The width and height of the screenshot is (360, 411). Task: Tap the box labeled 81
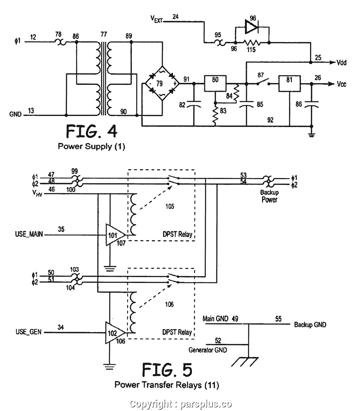click(x=289, y=83)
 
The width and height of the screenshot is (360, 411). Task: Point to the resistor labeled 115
click(x=251, y=43)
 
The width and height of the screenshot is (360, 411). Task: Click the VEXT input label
click(x=157, y=18)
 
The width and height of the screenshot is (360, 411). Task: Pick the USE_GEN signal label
click(x=28, y=332)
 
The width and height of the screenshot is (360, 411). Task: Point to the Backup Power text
click(x=270, y=196)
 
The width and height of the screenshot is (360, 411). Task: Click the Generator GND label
click(x=208, y=350)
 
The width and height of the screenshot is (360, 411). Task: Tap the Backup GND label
click(x=310, y=325)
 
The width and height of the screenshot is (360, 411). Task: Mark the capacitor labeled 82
click(x=193, y=105)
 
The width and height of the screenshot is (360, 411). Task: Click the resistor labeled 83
click(x=215, y=115)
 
